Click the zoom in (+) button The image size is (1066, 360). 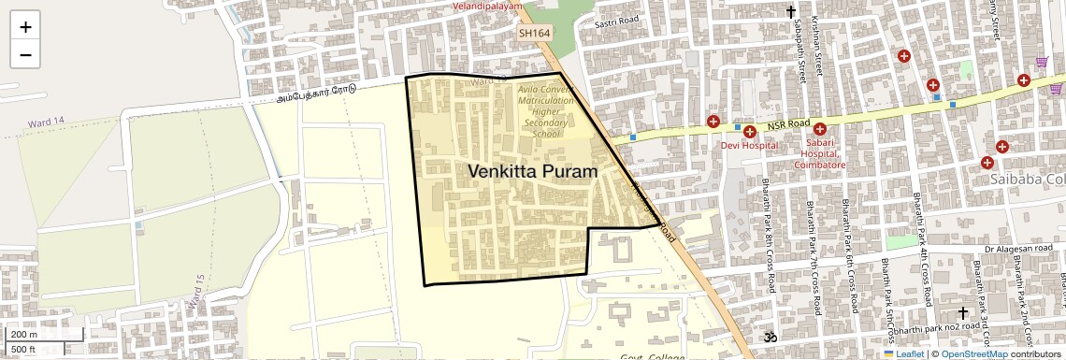25,26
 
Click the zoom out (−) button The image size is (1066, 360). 25,54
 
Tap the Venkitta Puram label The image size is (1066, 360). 532,171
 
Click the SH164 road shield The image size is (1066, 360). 535,33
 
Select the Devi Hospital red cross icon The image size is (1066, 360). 749,131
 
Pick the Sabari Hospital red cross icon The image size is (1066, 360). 819,129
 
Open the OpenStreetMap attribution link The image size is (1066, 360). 974,353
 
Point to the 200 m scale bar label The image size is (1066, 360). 24,334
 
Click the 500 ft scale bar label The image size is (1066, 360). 24,349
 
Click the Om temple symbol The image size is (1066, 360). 771,335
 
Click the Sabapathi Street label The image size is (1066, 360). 801,55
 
